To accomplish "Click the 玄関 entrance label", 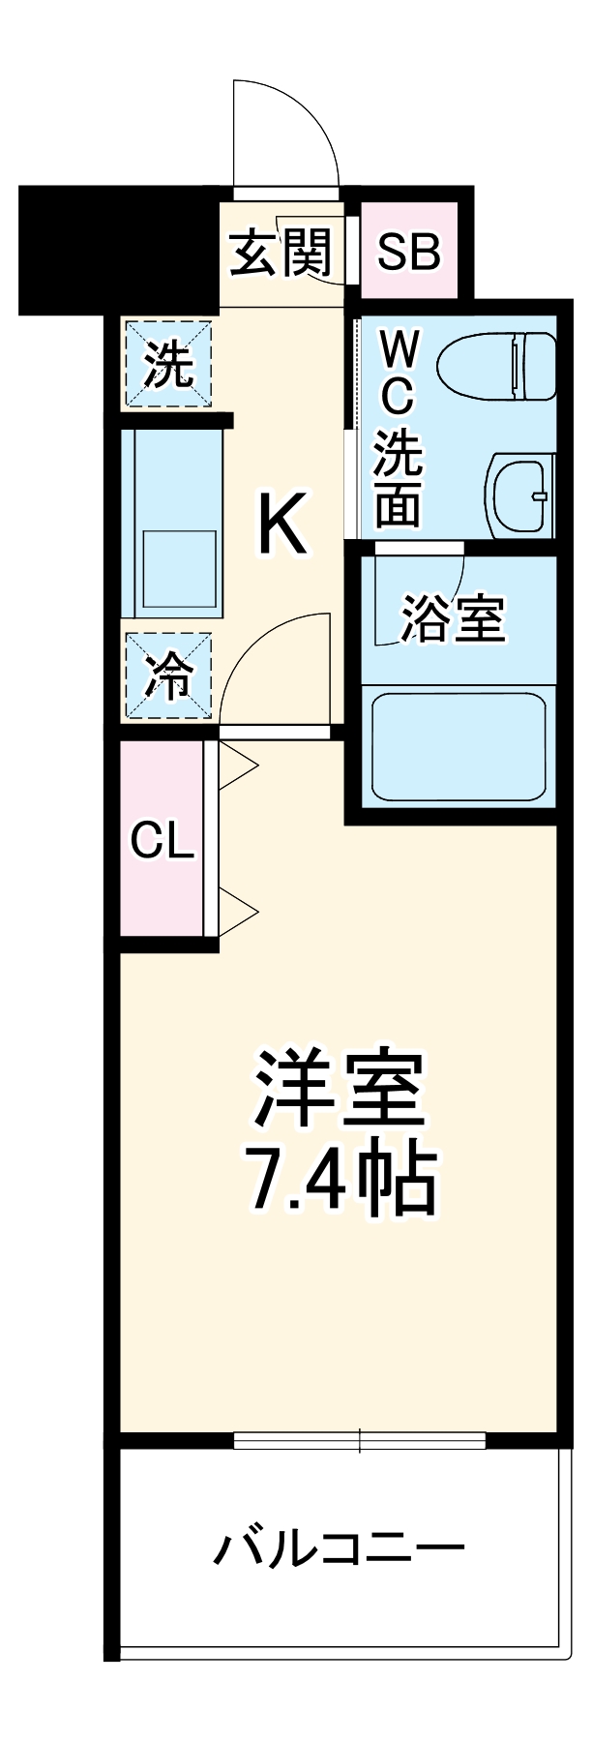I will [281, 253].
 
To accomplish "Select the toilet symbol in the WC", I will [497, 367].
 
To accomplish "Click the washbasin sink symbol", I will [523, 495].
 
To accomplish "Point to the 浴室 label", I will [453, 619].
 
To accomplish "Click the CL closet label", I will [163, 841].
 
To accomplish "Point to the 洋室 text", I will [338, 1088].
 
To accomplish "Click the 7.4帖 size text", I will [338, 1180].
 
